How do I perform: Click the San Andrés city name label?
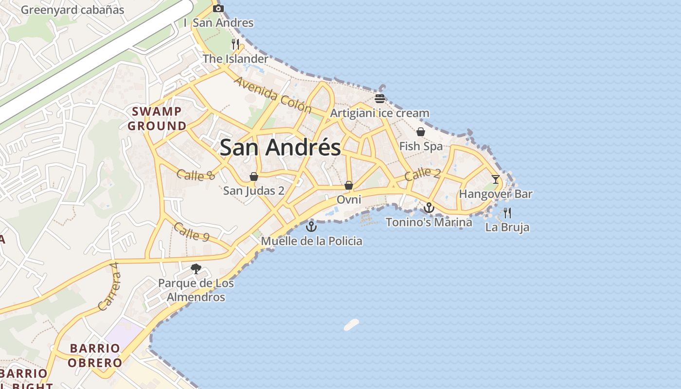pyautogui.click(x=280, y=147)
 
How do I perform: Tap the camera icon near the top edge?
pyautogui.click(x=218, y=8)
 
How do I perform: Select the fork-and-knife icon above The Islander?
pyautogui.click(x=235, y=44)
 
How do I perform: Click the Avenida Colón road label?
pyautogui.click(x=272, y=95)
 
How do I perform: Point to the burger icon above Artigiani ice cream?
pyautogui.click(x=380, y=99)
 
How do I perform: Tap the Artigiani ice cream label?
pyautogui.click(x=379, y=113)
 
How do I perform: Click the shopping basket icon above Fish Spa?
pyautogui.click(x=421, y=132)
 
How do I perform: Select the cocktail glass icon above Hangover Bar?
pyautogui.click(x=495, y=179)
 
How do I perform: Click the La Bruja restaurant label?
pyautogui.click(x=507, y=227)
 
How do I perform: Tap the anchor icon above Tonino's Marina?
pyautogui.click(x=429, y=208)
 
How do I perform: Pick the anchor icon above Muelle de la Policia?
pyautogui.click(x=311, y=227)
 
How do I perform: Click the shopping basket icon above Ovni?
pyautogui.click(x=348, y=185)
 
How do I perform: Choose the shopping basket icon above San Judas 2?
pyautogui.click(x=253, y=176)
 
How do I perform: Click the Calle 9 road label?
pyautogui.click(x=191, y=232)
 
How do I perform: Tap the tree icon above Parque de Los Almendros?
pyautogui.click(x=196, y=268)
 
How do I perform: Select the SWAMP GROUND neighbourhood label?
pyautogui.click(x=157, y=119)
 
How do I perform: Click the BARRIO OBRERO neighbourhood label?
pyautogui.click(x=95, y=355)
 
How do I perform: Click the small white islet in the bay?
pyautogui.click(x=351, y=324)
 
